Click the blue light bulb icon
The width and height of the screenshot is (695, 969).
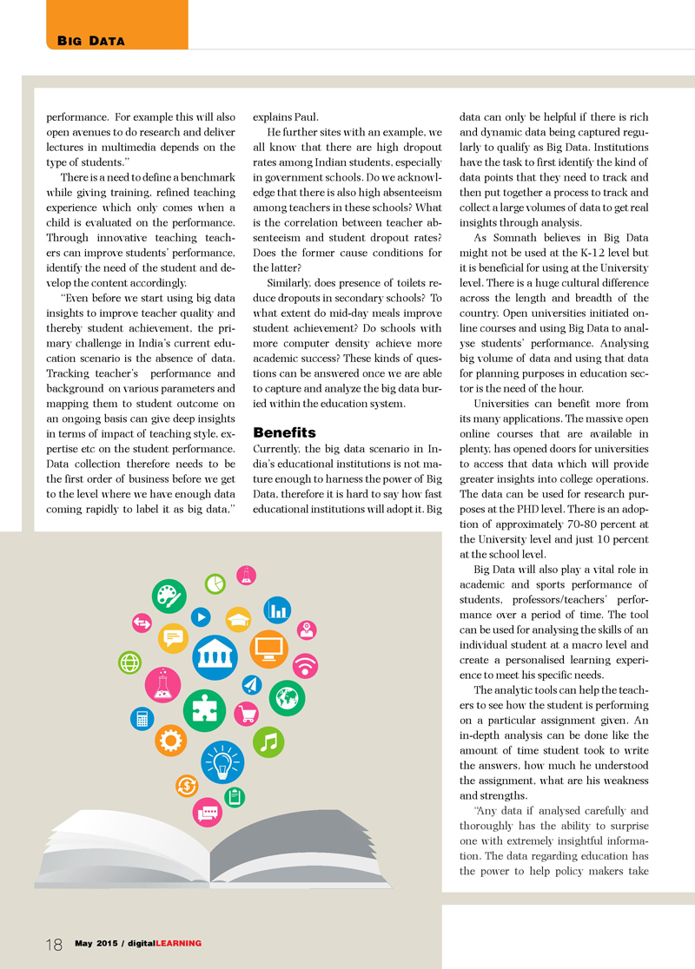[x=222, y=763]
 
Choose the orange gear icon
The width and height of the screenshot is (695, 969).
[x=170, y=739]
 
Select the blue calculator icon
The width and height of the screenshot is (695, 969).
[x=141, y=719]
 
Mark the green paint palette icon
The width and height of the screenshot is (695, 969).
[x=169, y=597]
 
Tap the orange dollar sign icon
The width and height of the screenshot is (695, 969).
[x=186, y=786]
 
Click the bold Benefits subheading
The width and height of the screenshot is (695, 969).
[x=284, y=432]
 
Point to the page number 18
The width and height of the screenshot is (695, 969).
[x=53, y=945]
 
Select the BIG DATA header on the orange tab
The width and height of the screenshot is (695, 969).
[x=91, y=40]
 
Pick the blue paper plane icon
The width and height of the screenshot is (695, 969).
[x=252, y=684]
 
